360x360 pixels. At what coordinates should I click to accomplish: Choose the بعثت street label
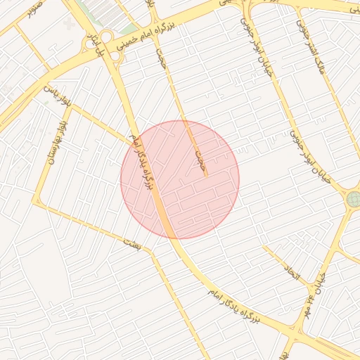pyautogui.click(x=132, y=243)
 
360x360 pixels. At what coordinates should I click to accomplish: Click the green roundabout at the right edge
pyautogui.click(x=353, y=200)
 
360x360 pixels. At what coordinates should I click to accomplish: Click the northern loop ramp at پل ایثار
pyautogui.click(x=107, y=37)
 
